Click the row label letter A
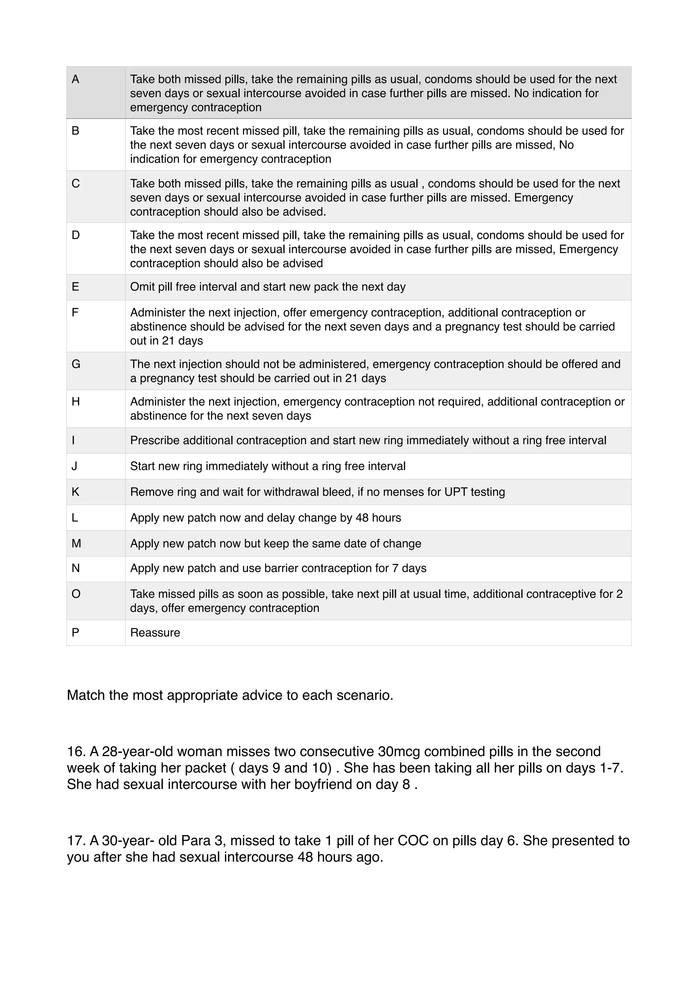click(x=75, y=79)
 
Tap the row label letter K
click(x=75, y=492)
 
